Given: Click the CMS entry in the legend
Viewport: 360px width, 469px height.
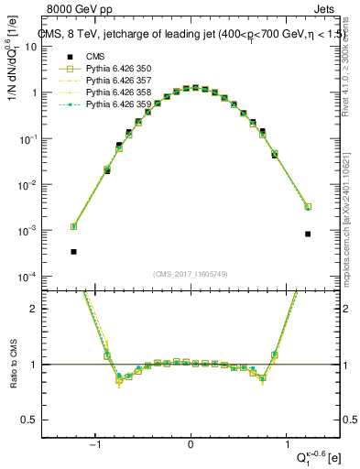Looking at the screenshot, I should (93, 56).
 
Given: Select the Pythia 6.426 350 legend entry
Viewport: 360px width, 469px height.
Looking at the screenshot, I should (119, 69).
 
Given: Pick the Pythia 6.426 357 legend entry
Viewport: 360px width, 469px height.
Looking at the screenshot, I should (119, 81).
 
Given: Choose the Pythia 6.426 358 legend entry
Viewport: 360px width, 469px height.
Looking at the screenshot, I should (119, 93).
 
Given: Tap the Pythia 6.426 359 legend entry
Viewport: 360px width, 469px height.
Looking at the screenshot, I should (119, 104).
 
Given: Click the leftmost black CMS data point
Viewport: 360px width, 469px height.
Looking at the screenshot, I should (73, 251).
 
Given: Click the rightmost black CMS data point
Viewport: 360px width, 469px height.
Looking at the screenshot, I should (308, 234).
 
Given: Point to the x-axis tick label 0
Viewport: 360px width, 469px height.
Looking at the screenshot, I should (191, 443).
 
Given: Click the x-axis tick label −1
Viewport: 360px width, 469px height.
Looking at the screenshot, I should (96, 443).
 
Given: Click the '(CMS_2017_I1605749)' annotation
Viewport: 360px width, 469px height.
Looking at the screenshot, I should (191, 274).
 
